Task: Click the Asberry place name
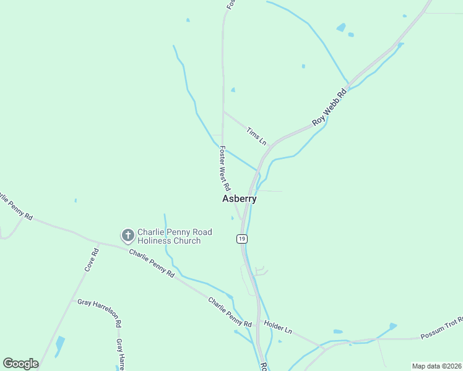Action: pyautogui.click(x=239, y=199)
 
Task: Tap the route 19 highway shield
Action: pyautogui.click(x=241, y=239)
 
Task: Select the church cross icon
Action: pyautogui.click(x=128, y=236)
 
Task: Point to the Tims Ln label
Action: pyautogui.click(x=256, y=136)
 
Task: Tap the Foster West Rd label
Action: pyautogui.click(x=225, y=168)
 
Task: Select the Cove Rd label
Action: pyautogui.click(x=92, y=260)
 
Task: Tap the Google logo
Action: pyautogui.click(x=20, y=364)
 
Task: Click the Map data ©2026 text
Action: pyautogui.click(x=436, y=366)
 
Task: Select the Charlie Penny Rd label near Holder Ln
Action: pyautogui.click(x=230, y=312)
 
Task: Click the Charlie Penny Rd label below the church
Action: pyautogui.click(x=152, y=263)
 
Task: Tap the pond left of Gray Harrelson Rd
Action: pyautogui.click(x=59, y=346)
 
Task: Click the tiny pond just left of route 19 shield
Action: pyautogui.click(x=232, y=218)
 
